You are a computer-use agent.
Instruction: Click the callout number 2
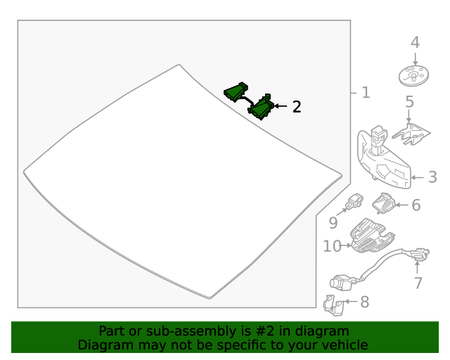click(x=297, y=107)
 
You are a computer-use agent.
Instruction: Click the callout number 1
click(x=365, y=93)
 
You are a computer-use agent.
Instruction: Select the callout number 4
click(x=415, y=42)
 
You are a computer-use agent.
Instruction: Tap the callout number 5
click(x=409, y=103)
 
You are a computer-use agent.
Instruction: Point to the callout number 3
click(x=432, y=177)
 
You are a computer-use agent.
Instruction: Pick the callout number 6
click(x=416, y=205)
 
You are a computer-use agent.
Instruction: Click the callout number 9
click(x=333, y=223)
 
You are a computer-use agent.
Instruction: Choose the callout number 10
click(x=332, y=246)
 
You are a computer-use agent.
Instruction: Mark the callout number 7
click(x=418, y=283)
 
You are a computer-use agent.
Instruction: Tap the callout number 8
click(x=364, y=302)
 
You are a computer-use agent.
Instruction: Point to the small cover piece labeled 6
click(x=384, y=204)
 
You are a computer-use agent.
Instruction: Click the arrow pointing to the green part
click(x=280, y=106)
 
